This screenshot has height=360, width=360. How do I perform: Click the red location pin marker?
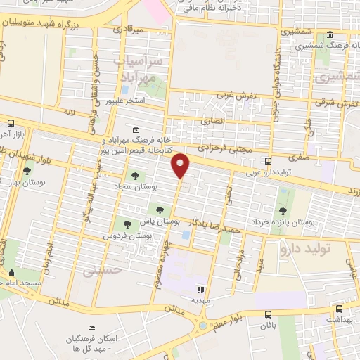click(x=181, y=165)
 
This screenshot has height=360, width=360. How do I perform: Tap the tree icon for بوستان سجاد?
click(x=134, y=176)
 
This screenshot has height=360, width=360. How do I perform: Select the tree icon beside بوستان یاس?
click(x=160, y=210)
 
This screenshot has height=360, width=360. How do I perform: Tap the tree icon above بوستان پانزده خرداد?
click(x=283, y=210)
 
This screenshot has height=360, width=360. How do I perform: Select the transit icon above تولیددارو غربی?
click(x=268, y=161)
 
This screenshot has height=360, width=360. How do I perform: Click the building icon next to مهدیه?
click(x=200, y=289)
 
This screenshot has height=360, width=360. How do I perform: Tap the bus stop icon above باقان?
click(x=268, y=315)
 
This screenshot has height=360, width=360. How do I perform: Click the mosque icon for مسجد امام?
click(x=11, y=273)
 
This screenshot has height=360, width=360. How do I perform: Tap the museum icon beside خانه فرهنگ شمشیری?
click(x=330, y=35)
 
